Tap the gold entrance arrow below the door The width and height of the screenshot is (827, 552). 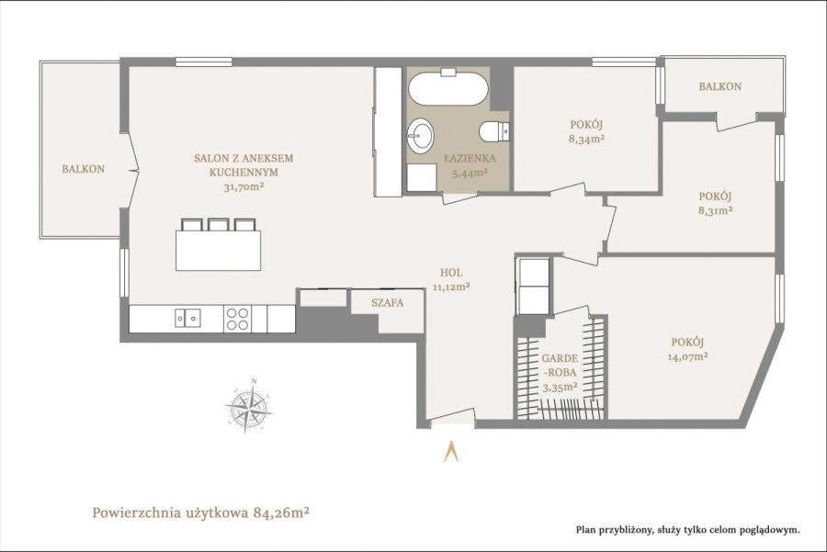(x=451, y=451)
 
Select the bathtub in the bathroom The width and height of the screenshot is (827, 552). (x=447, y=89)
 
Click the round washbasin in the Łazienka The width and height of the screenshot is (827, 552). (x=420, y=135)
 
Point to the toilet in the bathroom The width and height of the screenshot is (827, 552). (x=494, y=131)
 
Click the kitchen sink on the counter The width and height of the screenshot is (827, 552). (x=187, y=318)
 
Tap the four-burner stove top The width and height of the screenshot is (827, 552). (x=237, y=319)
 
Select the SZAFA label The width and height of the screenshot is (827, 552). (x=387, y=302)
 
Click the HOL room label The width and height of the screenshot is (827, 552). (x=451, y=273)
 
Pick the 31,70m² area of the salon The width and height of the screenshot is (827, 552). (x=244, y=186)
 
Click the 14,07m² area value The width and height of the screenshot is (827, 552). (x=687, y=355)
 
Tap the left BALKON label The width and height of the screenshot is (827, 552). (x=84, y=169)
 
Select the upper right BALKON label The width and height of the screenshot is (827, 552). (x=719, y=86)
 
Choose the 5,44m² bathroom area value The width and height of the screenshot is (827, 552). (x=470, y=172)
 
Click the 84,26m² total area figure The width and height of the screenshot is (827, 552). (x=281, y=512)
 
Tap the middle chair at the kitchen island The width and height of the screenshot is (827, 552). (x=218, y=225)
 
